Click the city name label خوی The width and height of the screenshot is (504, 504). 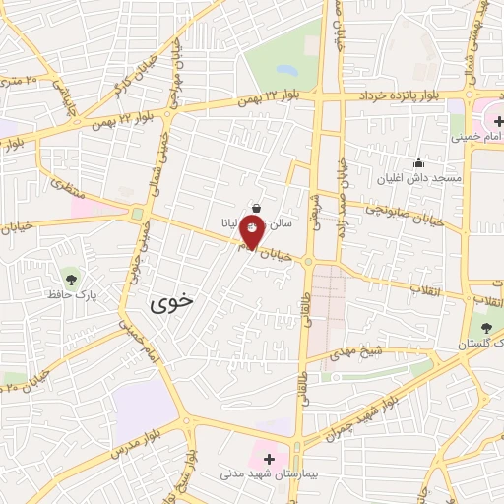pos(172,305)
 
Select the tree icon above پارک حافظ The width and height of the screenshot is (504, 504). pos(69,275)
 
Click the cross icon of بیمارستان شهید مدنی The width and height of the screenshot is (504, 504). pos(269,458)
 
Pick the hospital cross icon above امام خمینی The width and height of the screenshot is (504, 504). pos(484,120)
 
